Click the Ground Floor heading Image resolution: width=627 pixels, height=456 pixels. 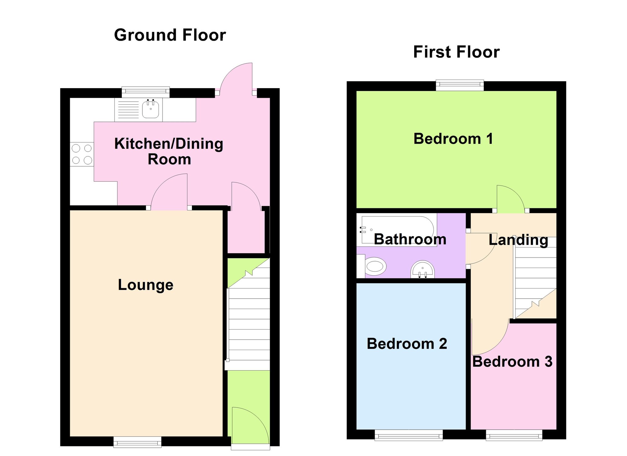coord(170,35)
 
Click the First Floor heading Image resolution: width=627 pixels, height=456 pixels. coord(456,52)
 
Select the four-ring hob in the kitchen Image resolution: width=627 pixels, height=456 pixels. coord(82,154)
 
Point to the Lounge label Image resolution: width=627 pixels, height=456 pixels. coord(146,285)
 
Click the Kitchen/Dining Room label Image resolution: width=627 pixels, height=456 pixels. coord(169,151)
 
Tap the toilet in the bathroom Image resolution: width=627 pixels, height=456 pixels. coord(373,266)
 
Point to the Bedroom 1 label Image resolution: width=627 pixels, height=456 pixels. coord(453,139)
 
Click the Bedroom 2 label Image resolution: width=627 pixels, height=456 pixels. coord(407,344)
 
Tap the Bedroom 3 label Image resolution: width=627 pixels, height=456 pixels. coord(512,362)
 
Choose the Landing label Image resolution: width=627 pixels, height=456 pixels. coord(518,240)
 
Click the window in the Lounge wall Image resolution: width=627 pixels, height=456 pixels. coord(137,442)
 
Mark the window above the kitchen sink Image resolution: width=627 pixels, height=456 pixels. coord(146,92)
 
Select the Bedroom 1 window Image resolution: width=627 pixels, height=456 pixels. coord(460,85)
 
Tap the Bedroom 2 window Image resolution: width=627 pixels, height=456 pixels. coord(409,435)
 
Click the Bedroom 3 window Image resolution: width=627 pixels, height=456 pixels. coord(514,435)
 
